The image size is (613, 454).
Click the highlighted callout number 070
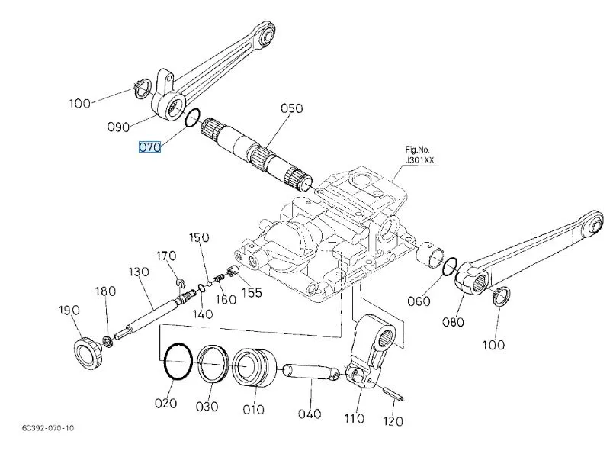coord(149,147)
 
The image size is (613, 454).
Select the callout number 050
coord(292,108)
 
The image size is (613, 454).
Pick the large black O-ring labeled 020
coord(177,360)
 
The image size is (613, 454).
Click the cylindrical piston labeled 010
coord(255,368)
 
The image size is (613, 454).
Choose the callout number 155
coord(251,291)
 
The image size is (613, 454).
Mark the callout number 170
coord(166,256)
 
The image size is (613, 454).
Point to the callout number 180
coord(105,291)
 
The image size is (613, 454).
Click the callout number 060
coord(418,301)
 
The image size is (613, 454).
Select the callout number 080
coord(453,321)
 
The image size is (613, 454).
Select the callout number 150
coord(200,238)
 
